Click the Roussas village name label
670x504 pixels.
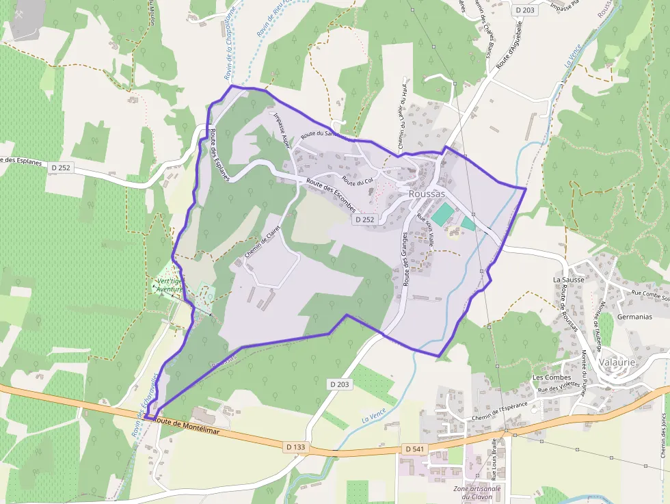(427, 194)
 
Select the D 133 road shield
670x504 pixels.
(296, 447)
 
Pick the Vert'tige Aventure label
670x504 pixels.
(169, 284)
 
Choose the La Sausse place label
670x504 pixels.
(567, 280)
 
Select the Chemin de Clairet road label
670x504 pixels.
(263, 243)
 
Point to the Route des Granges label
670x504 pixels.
(405, 258)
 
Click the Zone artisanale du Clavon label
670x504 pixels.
(477, 492)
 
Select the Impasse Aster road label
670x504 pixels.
(282, 130)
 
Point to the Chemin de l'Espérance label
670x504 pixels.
(500, 410)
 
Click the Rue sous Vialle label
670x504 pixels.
(426, 229)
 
